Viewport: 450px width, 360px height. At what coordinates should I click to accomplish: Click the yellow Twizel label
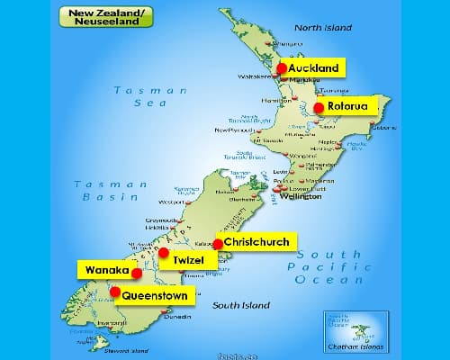point(188,259)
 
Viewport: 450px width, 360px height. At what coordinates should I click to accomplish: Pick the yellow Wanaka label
point(104,269)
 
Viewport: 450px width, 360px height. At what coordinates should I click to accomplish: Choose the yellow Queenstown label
point(154,294)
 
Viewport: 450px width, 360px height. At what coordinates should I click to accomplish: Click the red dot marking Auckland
point(282,68)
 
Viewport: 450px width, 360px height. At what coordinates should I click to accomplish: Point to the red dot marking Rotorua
point(319,108)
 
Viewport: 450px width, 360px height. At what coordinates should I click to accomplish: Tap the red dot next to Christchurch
point(218,244)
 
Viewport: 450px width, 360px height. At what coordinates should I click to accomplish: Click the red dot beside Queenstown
point(114,291)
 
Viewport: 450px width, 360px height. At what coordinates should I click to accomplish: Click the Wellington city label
point(300,195)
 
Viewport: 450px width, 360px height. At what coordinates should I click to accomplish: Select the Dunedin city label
point(177,316)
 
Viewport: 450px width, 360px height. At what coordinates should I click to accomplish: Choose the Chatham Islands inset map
point(355,329)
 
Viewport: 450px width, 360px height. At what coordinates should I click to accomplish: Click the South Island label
point(241,305)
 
